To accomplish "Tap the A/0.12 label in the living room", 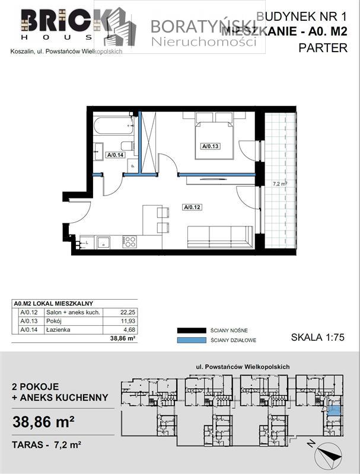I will (192, 207).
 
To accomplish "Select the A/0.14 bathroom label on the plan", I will (114, 155).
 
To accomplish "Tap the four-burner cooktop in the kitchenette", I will (129, 241).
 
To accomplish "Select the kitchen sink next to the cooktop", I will (104, 241).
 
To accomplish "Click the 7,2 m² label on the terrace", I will (279, 184).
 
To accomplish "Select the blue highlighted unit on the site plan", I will (334, 410).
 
